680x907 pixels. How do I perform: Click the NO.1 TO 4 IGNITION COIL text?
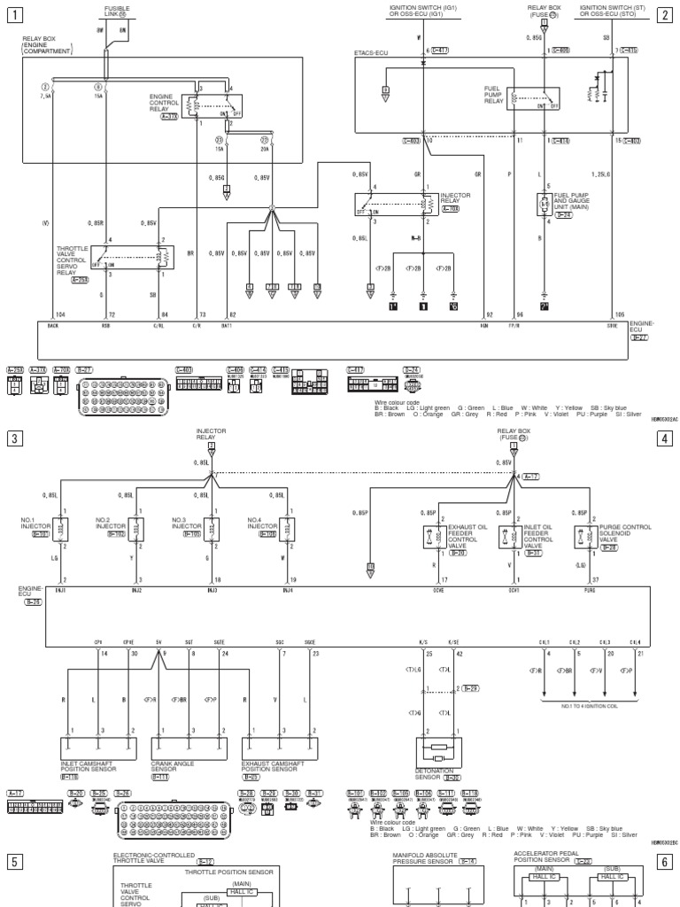pos(587,705)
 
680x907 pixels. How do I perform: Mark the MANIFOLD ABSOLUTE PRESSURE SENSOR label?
pos(431,858)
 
